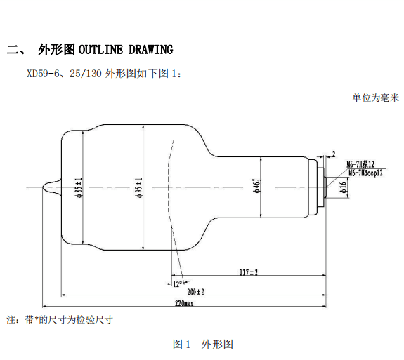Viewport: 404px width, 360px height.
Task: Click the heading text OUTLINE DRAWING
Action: [x=125, y=49]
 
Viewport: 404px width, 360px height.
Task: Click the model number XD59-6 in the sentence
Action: [x=41, y=72]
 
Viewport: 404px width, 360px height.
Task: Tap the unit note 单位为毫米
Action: [x=375, y=99]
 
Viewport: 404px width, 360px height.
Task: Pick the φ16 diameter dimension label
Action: [x=343, y=186]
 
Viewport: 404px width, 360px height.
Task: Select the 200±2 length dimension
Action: [x=194, y=291]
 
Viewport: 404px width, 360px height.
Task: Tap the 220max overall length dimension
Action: [x=185, y=304]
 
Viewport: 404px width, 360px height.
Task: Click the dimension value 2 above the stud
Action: [x=334, y=153]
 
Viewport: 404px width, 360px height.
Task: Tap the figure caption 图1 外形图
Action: [x=202, y=344]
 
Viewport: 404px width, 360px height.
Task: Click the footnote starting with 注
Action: [x=60, y=319]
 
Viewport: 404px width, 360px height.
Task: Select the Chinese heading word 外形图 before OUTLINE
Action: [x=56, y=49]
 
